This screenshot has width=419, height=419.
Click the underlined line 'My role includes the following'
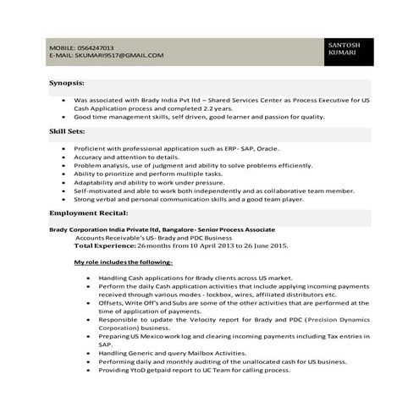pos(123,263)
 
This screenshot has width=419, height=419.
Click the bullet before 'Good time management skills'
pos(64,117)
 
